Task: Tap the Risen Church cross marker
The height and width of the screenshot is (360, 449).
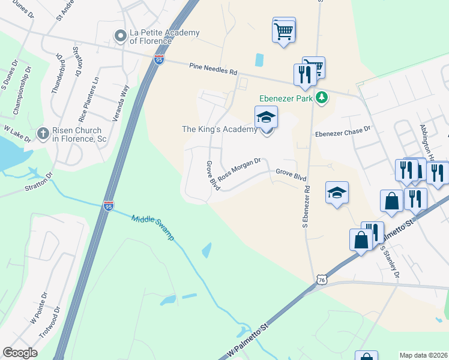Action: [43, 133]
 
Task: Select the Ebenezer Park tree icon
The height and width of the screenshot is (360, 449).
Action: [322, 97]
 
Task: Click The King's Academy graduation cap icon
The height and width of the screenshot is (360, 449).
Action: [266, 118]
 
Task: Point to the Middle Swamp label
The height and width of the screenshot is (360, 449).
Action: [152, 227]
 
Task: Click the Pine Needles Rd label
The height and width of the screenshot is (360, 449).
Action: [212, 69]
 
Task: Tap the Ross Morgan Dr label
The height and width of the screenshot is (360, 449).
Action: [239, 169]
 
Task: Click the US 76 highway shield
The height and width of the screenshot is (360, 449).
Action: [322, 280]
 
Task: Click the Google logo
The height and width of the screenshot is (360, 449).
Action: [20, 353]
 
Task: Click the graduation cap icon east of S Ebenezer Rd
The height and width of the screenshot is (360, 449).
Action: [337, 193]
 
